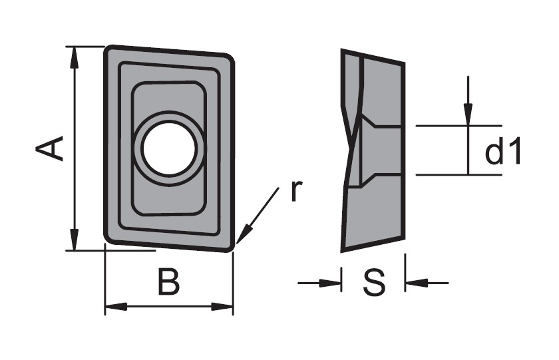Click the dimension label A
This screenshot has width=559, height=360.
(x=49, y=148)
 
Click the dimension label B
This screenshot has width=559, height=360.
(x=168, y=282)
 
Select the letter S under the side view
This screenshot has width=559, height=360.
(x=374, y=282)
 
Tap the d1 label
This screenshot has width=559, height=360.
(x=503, y=151)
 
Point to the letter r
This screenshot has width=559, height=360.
(x=296, y=191)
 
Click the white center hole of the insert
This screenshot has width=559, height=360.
(x=168, y=148)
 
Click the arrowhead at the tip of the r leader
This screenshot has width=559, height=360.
(x=243, y=236)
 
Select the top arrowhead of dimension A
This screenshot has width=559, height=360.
(x=74, y=57)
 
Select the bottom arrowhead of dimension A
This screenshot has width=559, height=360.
(x=74, y=240)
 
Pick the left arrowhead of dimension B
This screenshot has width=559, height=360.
(x=116, y=306)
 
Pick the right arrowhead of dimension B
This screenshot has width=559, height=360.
(x=222, y=306)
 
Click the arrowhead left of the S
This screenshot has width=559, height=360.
(x=331, y=283)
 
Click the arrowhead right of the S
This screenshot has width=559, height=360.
(x=417, y=283)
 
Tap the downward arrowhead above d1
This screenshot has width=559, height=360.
(x=468, y=114)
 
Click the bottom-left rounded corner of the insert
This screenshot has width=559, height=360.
(x=108, y=240)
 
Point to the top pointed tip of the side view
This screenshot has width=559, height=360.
(x=342, y=50)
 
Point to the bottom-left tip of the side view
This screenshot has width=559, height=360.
(x=342, y=251)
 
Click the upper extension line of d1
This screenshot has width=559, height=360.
(x=459, y=126)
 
